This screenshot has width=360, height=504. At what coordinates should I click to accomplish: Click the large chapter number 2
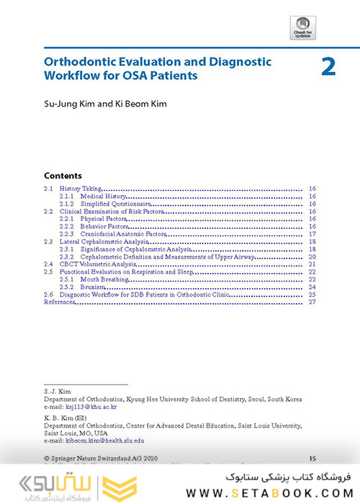[x=328, y=67]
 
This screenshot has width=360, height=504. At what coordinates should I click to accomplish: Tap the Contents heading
[x=63, y=176]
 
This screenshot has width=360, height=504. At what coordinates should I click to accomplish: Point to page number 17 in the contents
[x=312, y=234]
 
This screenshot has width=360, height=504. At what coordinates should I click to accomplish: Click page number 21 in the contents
[x=312, y=264]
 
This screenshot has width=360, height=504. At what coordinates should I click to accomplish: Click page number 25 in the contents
[x=312, y=294]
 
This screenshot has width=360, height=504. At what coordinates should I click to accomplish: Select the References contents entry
[x=60, y=302]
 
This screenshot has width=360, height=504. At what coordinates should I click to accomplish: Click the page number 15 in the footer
[x=312, y=457]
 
